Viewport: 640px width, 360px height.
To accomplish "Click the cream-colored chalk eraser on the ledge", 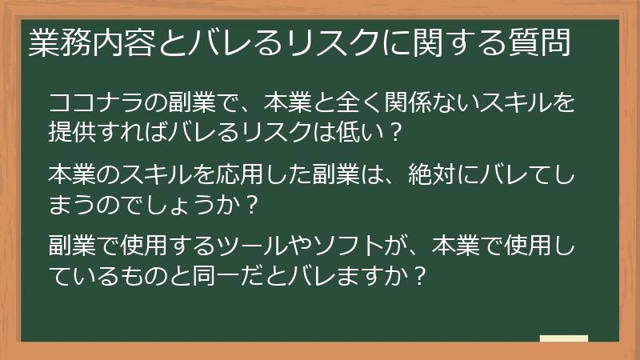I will point(564,338).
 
